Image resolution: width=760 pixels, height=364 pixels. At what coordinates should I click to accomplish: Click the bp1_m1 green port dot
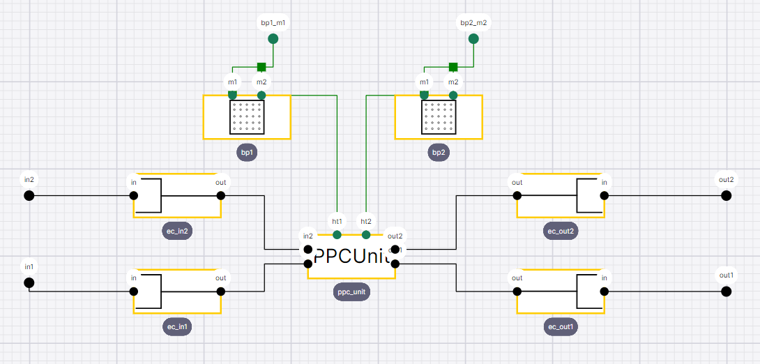273,38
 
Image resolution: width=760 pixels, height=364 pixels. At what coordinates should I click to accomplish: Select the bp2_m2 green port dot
473,38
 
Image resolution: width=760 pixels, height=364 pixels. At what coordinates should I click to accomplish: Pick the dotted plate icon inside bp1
247,116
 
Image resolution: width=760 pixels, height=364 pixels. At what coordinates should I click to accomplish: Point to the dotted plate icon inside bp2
439,116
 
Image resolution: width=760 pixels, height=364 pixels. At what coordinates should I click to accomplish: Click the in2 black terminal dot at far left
29,195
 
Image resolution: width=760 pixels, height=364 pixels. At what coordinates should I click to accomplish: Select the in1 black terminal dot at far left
29,282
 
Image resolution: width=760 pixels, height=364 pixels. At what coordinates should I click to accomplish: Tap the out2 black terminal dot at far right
726,195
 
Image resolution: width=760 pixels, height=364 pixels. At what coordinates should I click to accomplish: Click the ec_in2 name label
177,231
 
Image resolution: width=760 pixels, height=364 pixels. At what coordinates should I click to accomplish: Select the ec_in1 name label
177,326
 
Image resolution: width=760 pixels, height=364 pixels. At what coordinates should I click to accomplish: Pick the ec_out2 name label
561,231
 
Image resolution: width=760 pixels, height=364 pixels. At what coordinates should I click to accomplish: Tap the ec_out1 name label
561,326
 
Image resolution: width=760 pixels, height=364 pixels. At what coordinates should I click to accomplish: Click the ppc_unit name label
351,293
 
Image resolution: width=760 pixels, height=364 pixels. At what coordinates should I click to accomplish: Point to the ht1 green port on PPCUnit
337,234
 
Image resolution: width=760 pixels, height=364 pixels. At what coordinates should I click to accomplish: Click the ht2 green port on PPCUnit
366,234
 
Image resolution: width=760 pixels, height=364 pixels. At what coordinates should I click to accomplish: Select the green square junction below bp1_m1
261,67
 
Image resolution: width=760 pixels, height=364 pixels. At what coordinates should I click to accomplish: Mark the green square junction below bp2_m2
453,67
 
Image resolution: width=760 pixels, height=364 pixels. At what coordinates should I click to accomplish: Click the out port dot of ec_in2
221,195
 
